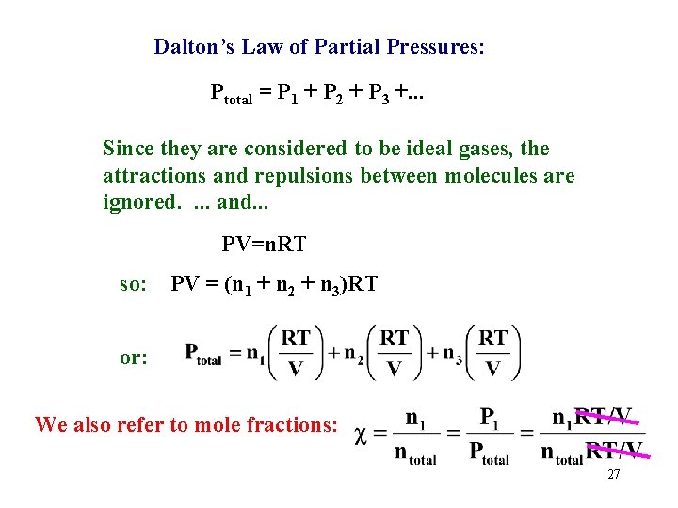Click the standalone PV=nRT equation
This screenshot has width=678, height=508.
click(265, 246)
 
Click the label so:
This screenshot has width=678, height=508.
click(134, 283)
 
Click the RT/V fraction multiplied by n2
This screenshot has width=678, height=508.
click(395, 352)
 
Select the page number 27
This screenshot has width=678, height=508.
click(613, 475)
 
